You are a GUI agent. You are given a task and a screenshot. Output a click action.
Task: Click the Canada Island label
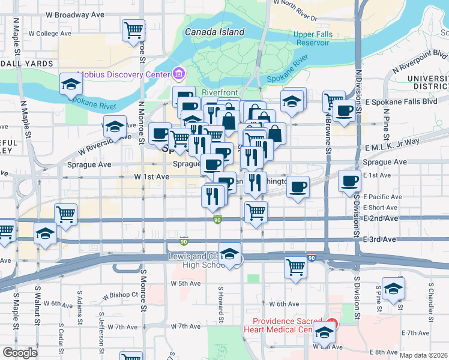[214, 32]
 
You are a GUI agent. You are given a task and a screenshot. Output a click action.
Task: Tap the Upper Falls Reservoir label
[312, 38]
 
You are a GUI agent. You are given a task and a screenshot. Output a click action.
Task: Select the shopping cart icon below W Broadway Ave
[133, 30]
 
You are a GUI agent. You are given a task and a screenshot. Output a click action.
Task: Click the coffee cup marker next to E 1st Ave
[349, 181]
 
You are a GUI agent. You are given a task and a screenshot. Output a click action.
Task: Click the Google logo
[20, 353]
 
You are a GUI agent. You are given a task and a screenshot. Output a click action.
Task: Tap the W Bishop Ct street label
[120, 296]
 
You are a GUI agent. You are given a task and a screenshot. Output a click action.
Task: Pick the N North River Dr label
[298, 7]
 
